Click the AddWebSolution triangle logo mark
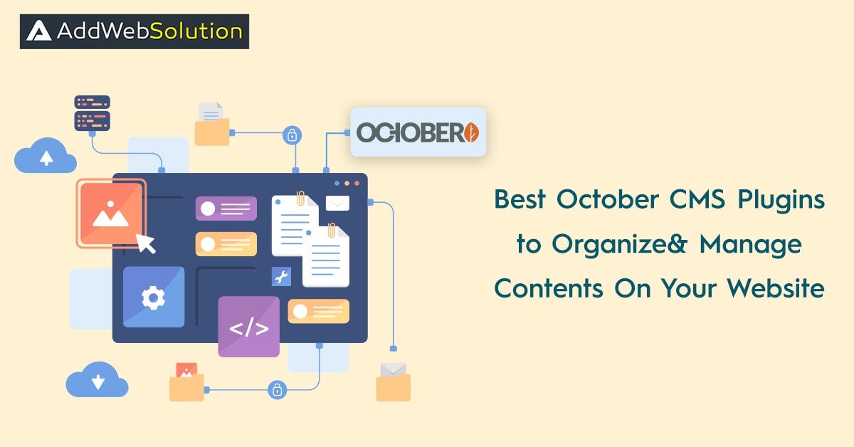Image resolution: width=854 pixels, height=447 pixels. coord(38,31)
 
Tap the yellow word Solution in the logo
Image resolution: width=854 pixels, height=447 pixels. coord(196,31)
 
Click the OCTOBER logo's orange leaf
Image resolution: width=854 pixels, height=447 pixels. coord(472,132)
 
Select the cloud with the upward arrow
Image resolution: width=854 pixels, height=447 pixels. coord(46,156)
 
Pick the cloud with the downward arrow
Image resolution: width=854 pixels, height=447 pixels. coord(97,380)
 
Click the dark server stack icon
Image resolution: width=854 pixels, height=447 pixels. coord(93,113)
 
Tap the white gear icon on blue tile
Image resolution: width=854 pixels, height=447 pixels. coord(154,297)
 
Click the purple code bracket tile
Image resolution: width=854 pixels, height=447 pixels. coord(248,327)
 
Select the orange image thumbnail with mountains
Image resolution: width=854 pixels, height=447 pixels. coord(111,214)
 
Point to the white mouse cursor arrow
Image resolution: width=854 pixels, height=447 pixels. coord(146,243)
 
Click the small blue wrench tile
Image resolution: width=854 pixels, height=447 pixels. coord(281,276)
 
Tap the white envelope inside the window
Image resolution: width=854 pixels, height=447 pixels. coord(337,203)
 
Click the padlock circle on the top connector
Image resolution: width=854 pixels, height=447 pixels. coord(292,135)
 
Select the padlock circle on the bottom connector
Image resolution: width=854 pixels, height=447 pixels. coord(277,390)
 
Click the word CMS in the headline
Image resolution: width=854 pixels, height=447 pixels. coord(697,199)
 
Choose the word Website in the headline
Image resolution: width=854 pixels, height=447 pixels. coord(776,288)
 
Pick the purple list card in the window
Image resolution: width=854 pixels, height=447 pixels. coord(226,209)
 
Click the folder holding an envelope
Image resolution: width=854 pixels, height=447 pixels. coord(393,382)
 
